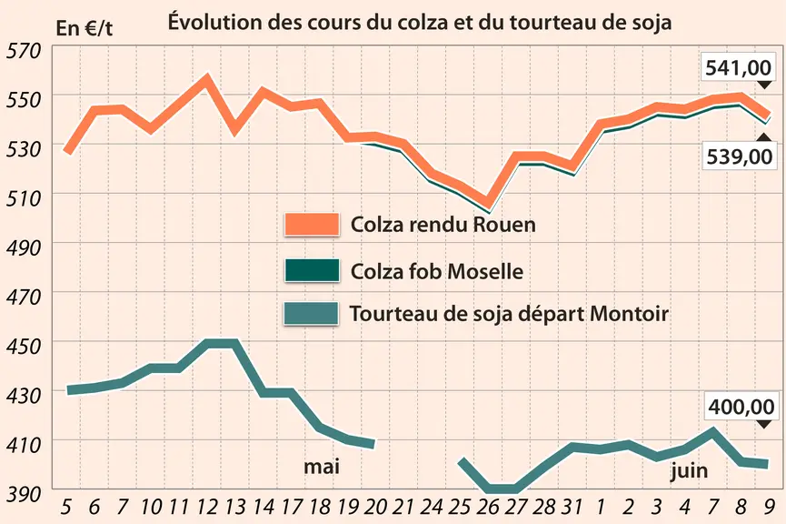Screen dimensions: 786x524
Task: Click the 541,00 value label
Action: (x=738, y=67)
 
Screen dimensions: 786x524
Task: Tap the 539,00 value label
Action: (x=739, y=156)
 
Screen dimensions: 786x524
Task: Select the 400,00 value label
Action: (x=741, y=406)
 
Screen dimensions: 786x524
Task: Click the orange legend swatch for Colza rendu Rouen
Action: (x=312, y=225)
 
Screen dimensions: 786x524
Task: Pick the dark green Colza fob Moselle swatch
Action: (x=312, y=270)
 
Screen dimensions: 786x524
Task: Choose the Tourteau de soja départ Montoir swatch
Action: (x=312, y=314)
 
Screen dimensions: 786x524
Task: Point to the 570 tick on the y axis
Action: (x=23, y=51)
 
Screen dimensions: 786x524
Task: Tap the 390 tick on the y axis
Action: (x=23, y=494)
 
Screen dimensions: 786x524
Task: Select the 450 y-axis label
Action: (x=23, y=347)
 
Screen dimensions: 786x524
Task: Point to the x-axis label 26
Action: (x=487, y=507)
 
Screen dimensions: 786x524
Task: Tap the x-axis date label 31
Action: (x=572, y=507)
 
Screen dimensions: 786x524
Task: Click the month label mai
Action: (x=322, y=467)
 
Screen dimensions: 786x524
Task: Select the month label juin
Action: (x=690, y=471)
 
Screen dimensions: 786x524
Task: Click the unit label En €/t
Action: (x=85, y=28)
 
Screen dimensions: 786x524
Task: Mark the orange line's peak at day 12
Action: (x=206, y=78)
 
